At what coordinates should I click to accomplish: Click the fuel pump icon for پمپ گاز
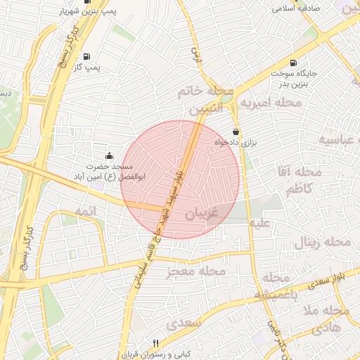coord(86,56)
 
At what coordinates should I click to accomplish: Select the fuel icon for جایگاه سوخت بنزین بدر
coord(292,62)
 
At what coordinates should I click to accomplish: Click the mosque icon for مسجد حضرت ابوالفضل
coord(108,155)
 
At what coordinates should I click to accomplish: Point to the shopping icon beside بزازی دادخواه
coord(235,131)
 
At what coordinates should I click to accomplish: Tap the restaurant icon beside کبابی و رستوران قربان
coord(155,342)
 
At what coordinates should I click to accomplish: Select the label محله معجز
coord(196,271)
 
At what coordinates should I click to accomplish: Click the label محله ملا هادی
coord(326,319)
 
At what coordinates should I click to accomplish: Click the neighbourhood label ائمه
coord(83,212)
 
